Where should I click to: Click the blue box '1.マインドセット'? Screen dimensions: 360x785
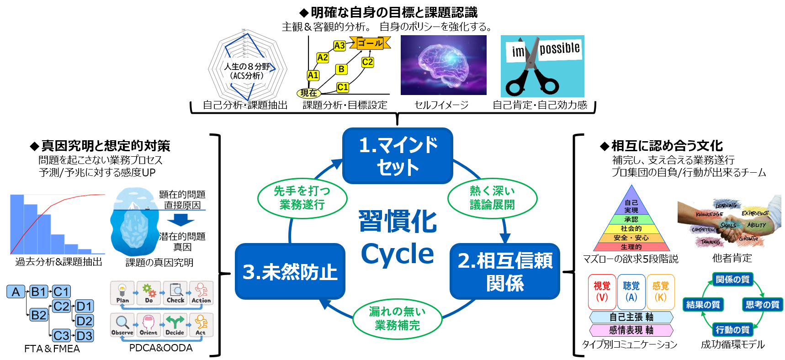[x=398, y=156]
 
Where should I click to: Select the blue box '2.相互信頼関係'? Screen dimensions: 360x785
[x=504, y=271]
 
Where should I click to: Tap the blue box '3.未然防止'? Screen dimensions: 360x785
[x=290, y=271]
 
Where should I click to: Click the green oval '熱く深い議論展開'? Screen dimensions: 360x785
[x=492, y=198]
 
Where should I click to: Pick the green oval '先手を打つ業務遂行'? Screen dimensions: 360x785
[x=302, y=198]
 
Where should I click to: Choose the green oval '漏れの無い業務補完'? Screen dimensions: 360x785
[x=397, y=318]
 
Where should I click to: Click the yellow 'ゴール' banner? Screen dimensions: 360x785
[x=370, y=43]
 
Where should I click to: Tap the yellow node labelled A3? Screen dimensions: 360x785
[x=339, y=46]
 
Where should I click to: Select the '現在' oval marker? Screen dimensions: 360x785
[x=309, y=93]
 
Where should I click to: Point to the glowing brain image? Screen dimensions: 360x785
[x=443, y=65]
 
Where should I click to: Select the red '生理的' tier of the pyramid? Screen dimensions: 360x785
[x=631, y=247]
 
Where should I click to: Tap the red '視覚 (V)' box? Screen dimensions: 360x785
[x=602, y=291]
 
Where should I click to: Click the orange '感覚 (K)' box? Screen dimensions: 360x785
[x=660, y=291]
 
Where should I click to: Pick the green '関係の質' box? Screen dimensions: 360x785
[x=732, y=279]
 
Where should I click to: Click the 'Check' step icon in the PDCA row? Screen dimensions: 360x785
[x=175, y=293]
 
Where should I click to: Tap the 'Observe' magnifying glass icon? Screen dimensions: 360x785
[x=122, y=325]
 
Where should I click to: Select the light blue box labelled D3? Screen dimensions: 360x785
[x=85, y=336]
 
